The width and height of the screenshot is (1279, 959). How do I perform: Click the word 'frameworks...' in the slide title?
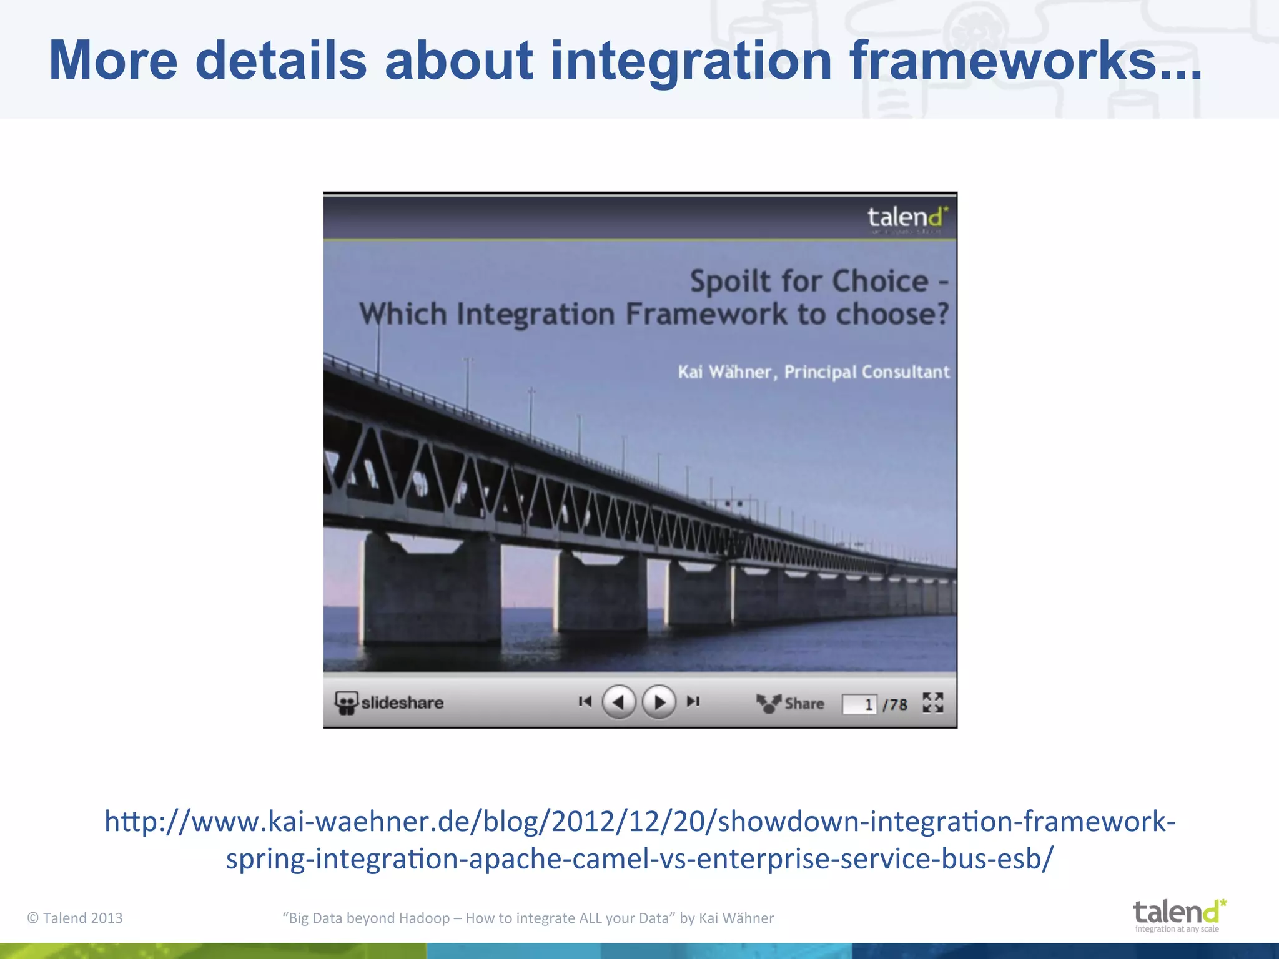[1024, 61]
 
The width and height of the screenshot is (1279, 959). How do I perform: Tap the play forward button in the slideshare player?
[659, 702]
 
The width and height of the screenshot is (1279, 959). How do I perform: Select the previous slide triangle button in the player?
[618, 702]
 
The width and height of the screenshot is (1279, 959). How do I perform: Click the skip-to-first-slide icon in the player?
[585, 702]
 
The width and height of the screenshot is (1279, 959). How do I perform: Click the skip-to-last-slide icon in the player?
[693, 702]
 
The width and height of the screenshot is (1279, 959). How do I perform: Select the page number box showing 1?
[859, 704]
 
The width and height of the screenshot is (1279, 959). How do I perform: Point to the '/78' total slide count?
[895, 704]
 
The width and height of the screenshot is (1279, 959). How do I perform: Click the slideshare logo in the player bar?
[390, 702]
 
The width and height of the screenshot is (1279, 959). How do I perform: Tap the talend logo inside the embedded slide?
[907, 218]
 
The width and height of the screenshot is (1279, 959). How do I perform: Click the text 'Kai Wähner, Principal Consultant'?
[813, 372]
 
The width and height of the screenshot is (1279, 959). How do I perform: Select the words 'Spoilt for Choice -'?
[818, 281]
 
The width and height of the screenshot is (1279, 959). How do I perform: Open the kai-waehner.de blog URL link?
[639, 840]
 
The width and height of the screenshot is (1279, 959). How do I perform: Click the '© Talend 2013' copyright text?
[75, 918]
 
